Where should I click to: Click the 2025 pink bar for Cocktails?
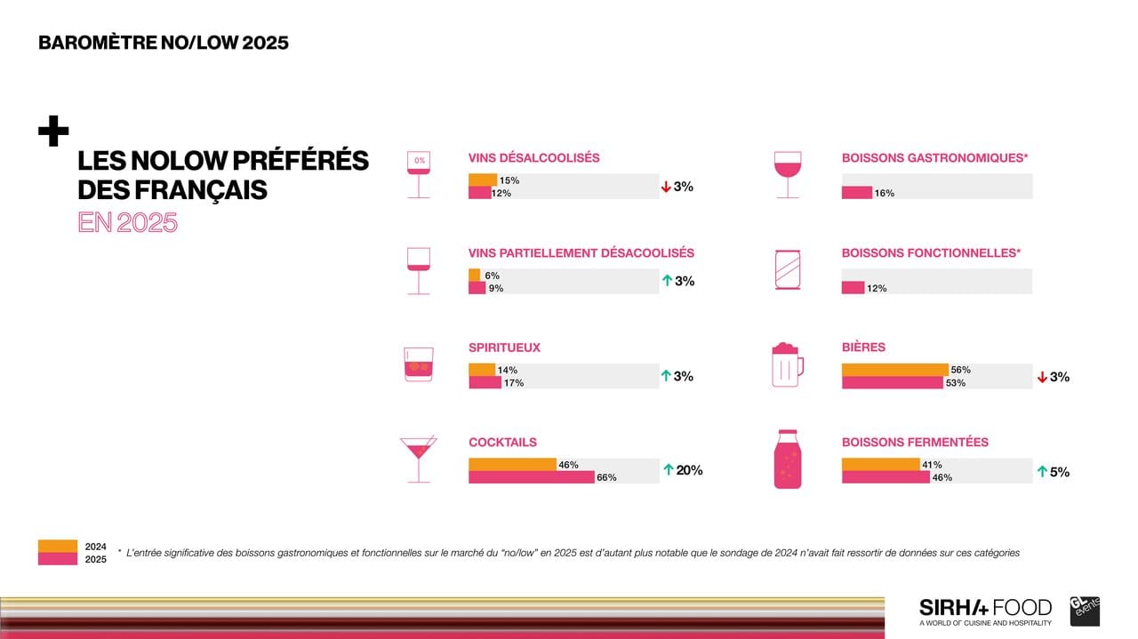[531, 477]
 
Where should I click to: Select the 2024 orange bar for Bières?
[894, 370]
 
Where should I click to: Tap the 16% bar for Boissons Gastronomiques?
[856, 193]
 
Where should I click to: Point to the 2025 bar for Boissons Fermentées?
[885, 477]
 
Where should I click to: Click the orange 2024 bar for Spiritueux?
[481, 370]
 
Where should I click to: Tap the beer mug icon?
[787, 364]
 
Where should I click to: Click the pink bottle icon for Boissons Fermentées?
[787, 459]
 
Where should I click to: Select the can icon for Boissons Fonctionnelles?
[787, 269]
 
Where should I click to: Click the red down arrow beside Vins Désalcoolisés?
[665, 187]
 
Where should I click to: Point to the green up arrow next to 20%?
[668, 470]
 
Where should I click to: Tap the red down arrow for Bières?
[1042, 377]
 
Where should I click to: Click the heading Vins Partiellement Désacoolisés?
[581, 253]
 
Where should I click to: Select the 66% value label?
[606, 478]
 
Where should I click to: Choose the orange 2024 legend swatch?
[57, 546]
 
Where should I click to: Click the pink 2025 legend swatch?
[57, 559]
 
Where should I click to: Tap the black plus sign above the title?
[53, 132]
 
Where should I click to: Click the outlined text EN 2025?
[127, 222]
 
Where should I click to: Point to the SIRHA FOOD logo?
[985, 609]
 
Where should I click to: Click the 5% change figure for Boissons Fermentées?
[1059, 472]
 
